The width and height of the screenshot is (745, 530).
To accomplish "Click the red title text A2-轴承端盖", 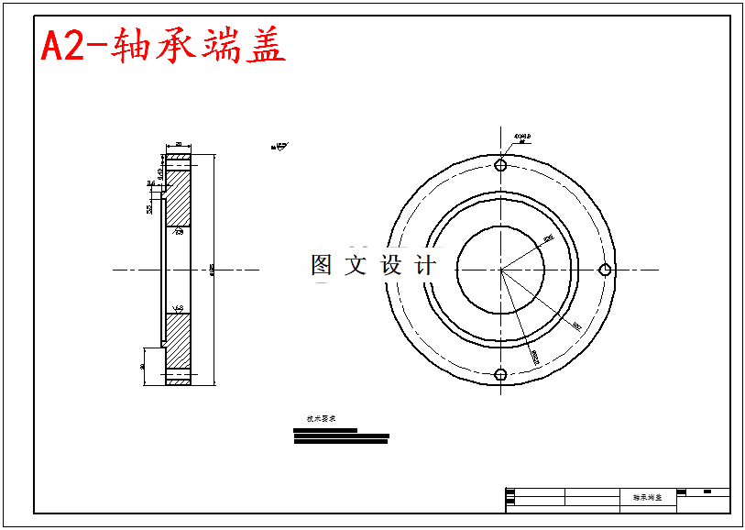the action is [x=163, y=46].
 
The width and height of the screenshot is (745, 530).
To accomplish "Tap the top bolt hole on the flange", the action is [x=500, y=165].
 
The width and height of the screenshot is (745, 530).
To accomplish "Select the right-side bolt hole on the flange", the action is [x=605, y=269].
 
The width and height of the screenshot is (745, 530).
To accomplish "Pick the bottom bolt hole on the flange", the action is [x=500, y=374].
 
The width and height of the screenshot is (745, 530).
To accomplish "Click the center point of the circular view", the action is [x=500, y=270].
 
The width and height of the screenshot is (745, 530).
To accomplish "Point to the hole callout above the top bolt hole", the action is [x=522, y=138].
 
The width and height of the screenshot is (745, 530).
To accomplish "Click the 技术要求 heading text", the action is [x=314, y=418].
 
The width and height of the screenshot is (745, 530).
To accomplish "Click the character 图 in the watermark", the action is [x=322, y=265].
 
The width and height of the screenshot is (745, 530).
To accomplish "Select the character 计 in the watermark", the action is [x=426, y=265].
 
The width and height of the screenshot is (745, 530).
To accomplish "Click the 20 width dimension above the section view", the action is [x=178, y=144].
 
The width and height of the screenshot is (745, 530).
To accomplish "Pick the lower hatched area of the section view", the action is [x=178, y=339].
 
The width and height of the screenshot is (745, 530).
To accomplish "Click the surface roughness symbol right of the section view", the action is [x=279, y=145].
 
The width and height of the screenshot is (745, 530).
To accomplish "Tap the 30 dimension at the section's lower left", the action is [x=143, y=366].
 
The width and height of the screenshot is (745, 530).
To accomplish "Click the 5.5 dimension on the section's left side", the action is [x=149, y=208].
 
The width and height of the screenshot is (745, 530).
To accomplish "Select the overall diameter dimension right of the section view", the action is [x=213, y=270].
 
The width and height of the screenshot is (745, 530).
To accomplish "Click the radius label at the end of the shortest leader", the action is [x=549, y=238].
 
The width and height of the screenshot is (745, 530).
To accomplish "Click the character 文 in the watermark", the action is [x=356, y=265].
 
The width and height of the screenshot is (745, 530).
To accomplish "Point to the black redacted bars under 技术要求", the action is [x=340, y=437].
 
